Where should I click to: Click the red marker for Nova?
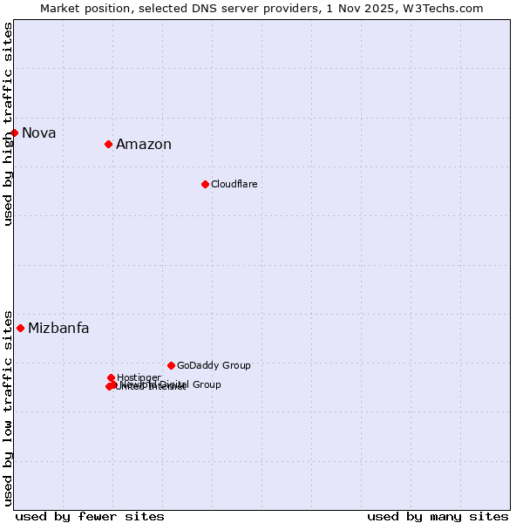coord(15,132)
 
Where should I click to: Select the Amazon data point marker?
coord(108,144)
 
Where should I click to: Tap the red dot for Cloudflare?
coord(205,184)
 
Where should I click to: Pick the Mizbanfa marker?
coord(20,328)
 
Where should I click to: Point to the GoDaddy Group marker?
coord(171,365)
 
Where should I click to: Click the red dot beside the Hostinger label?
coord(111,377)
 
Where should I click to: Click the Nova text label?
coord(39,133)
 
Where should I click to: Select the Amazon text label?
coord(144,145)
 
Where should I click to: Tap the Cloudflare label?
coord(234,185)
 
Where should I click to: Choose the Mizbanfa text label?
coord(58,329)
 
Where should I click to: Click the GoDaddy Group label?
coord(214,366)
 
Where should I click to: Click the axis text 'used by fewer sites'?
coord(90,517)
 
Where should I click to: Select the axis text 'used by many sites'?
coord(438,517)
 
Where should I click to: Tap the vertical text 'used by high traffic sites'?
coord(9,124)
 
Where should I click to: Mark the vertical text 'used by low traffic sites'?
coord(9,407)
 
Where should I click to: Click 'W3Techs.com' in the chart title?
coord(448,8)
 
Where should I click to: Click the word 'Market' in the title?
coord(59,8)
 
